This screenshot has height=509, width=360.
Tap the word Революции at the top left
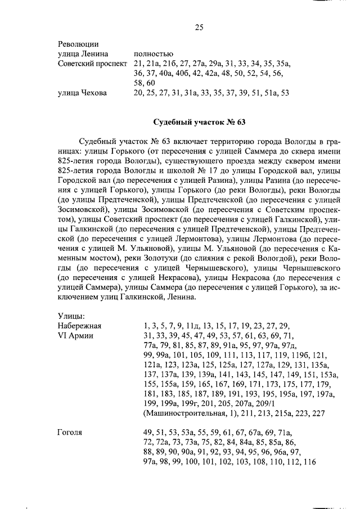click(79, 43)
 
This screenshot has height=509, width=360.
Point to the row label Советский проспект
click(93, 64)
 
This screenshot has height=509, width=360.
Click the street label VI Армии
click(75, 335)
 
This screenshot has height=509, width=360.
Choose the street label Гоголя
click(70, 433)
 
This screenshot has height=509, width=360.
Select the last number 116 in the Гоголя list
click(309, 462)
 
